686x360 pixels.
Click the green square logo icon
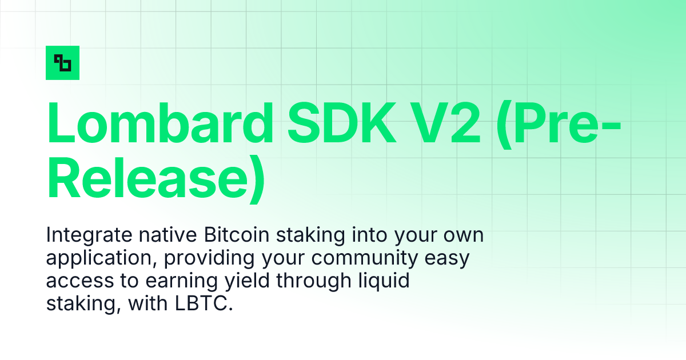click(x=62, y=63)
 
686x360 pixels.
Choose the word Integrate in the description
click(x=84, y=235)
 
